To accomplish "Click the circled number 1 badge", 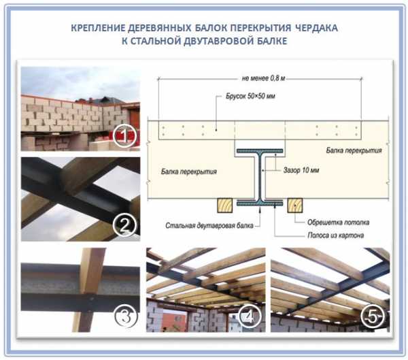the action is coord(124,135).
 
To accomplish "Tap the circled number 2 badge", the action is coord(125,225).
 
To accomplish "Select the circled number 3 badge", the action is coord(126,316).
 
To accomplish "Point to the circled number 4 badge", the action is coord(250,316).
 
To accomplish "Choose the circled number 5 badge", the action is coord(373,316).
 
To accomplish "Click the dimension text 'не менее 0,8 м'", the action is coord(263,78).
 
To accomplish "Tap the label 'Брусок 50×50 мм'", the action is coord(250,96).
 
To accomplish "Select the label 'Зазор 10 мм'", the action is coord(301,170).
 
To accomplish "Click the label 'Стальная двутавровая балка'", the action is coord(209,225).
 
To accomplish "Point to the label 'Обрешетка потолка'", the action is coord(338,223).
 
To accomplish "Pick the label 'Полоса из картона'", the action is coord(336,235).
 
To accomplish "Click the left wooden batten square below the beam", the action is coord(225,206).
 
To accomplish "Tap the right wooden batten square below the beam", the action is coord(295,206).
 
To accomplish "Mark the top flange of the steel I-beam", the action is coord(260,151).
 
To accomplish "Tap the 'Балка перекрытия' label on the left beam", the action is coord(188,171).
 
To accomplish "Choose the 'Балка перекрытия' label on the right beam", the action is coord(354,150).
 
